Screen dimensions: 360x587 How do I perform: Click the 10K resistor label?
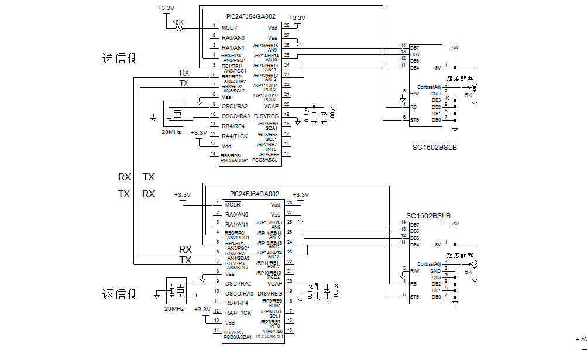click(178, 23)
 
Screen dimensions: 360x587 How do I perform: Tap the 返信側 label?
click(120, 294)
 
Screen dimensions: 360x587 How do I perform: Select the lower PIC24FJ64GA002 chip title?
click(254, 194)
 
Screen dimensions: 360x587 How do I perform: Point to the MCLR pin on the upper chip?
click(229, 28)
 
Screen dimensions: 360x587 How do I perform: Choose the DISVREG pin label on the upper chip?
click(267, 116)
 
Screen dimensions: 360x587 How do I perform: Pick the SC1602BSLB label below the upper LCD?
click(434, 148)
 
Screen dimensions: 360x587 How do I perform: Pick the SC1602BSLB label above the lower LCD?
click(428, 216)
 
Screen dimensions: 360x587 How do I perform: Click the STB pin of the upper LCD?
click(414, 120)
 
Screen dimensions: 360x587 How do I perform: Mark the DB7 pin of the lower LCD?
click(414, 225)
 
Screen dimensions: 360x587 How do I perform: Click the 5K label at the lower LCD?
click(469, 272)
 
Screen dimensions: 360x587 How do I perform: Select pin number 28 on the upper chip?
click(287, 26)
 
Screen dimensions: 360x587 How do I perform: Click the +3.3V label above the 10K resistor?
click(166, 8)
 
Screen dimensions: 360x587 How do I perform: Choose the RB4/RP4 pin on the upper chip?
click(233, 126)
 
